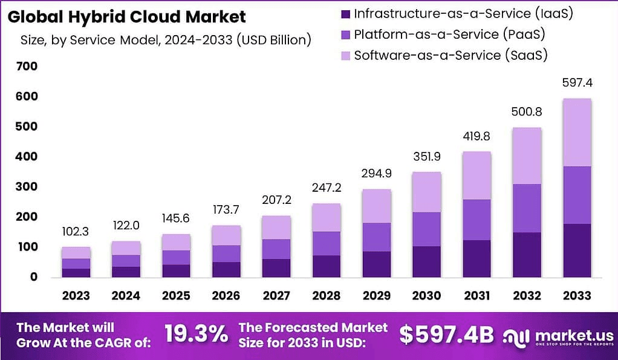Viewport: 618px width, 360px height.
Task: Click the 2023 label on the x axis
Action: (76, 295)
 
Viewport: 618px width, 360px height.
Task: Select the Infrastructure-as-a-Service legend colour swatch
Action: (345, 13)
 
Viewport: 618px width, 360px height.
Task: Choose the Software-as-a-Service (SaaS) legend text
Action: (450, 56)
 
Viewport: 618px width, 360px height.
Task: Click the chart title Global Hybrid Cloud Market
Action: (127, 16)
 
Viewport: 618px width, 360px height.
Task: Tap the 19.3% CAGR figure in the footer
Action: (196, 333)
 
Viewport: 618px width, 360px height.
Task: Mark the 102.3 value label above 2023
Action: (76, 231)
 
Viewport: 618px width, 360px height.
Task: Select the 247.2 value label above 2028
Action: (327, 188)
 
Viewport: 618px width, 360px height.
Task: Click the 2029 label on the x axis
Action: (376, 295)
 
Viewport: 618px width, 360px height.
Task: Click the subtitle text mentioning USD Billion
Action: (166, 41)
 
